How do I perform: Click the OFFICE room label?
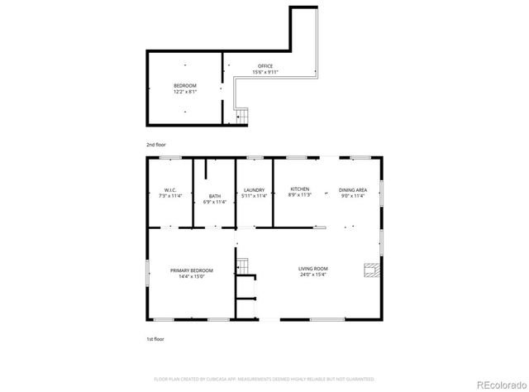pos(264,66)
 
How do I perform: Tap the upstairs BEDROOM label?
pos(185,86)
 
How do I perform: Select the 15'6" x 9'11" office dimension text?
pos(264,72)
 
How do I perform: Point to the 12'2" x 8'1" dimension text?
pos(185,92)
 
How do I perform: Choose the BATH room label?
pos(215,196)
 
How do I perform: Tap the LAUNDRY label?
pos(254,190)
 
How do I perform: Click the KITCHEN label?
pos(299,189)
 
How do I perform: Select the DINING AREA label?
pos(352,190)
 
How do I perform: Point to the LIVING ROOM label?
pos(313,269)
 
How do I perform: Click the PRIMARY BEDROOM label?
pos(192,270)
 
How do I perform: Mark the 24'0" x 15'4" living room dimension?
pos(313,275)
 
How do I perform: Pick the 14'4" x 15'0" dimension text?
pos(192,277)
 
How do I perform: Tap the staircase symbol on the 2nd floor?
pos(242,117)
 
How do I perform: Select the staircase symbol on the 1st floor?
pos(243,265)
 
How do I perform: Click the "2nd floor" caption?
pos(155,146)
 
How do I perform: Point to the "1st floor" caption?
pos(155,339)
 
